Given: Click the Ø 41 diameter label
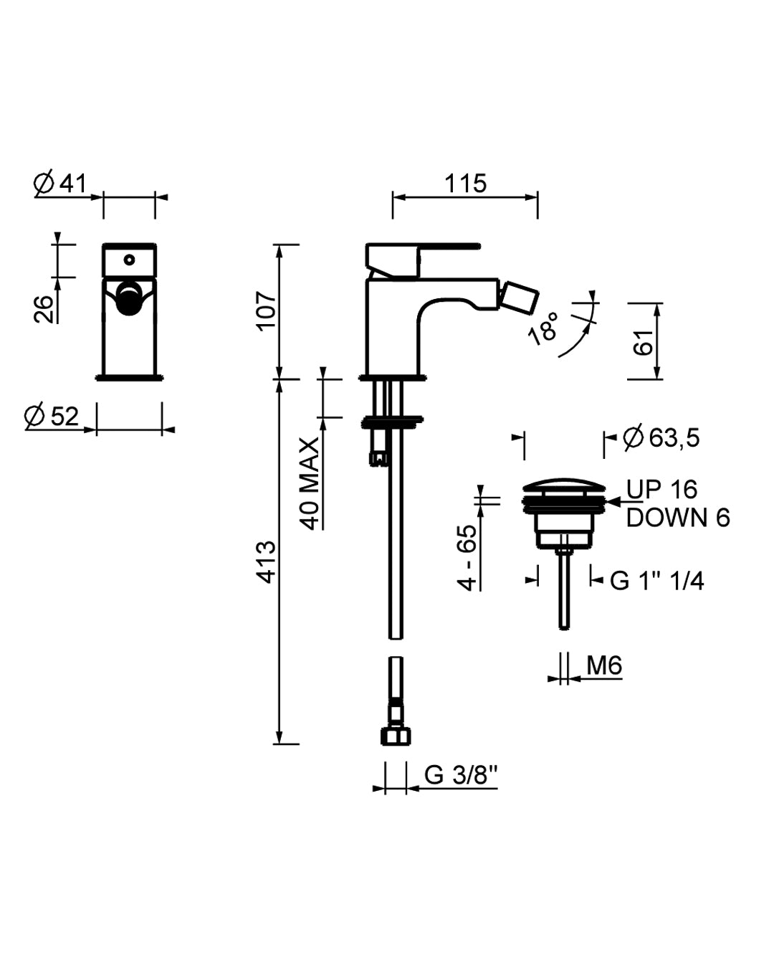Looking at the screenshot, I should (x=60, y=184).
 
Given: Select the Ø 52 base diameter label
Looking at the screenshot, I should (x=52, y=416).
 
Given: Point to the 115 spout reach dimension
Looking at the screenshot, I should (x=465, y=184).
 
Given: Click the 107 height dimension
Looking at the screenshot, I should (x=267, y=310).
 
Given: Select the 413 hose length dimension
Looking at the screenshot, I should (x=267, y=562).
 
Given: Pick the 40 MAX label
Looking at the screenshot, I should (x=310, y=484).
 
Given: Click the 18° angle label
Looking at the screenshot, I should (x=543, y=329).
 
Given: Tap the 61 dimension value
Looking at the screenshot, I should (x=645, y=343).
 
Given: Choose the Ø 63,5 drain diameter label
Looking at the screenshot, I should (x=661, y=437).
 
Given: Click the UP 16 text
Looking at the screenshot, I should (x=661, y=490).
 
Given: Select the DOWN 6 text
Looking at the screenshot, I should (x=677, y=518).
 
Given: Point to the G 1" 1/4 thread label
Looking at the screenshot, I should (x=656, y=581).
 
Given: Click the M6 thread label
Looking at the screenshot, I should (x=603, y=666).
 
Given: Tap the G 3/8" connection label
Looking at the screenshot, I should (x=461, y=775).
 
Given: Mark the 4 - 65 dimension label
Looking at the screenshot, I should (x=467, y=557).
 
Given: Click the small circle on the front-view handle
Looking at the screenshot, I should (x=130, y=259).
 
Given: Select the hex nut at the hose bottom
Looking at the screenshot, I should (x=395, y=736).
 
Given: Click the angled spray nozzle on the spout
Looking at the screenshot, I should (x=517, y=298).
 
